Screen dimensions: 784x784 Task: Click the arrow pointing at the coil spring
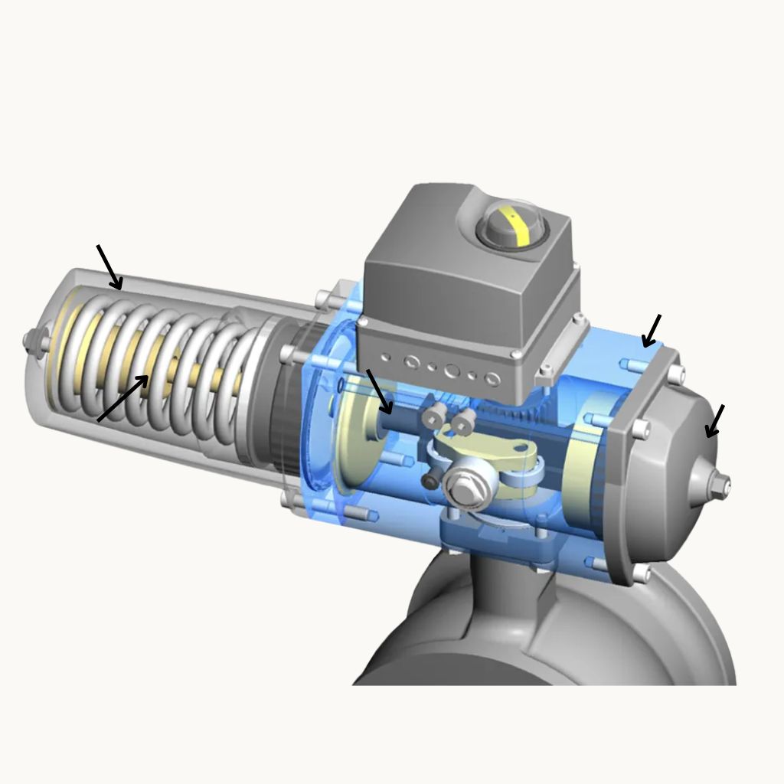tap(122, 398)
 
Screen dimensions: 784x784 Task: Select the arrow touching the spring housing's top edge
tap(109, 268)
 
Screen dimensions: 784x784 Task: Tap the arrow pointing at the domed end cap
tap(714, 422)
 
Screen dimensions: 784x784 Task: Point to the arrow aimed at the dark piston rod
tap(379, 391)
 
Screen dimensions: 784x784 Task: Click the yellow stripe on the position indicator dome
tap(523, 227)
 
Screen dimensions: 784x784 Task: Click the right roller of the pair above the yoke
tap(462, 419)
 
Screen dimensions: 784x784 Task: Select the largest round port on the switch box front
tap(452, 371)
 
